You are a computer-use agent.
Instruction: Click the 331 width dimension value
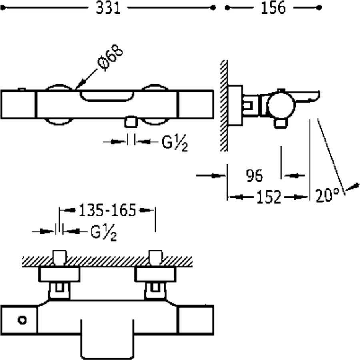point(108,8)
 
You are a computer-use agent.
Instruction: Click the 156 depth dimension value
point(273,8)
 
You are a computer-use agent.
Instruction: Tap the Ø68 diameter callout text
point(110,58)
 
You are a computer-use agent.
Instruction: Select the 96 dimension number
point(254,176)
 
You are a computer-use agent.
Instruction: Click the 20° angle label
point(327,196)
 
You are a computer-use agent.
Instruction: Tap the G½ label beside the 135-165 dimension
point(104,232)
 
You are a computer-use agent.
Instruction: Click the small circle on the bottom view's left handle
point(22,320)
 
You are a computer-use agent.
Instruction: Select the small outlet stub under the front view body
point(130,122)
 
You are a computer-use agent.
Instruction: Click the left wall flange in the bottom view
point(59,274)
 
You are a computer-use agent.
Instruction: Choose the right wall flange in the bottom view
point(155,274)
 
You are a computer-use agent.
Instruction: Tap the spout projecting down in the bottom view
point(108,338)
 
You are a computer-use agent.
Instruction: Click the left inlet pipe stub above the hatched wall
point(59,256)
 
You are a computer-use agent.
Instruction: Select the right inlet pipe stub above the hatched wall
point(155,256)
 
